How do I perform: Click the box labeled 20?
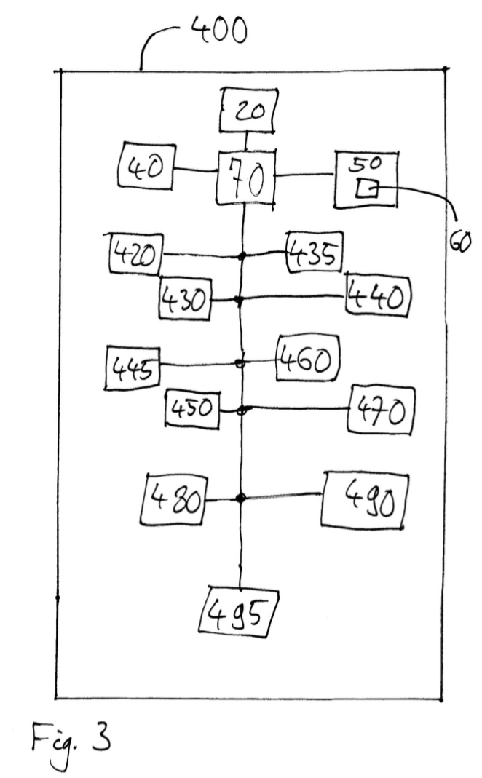[248, 113]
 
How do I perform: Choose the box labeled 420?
[135, 254]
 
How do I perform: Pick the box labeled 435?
[314, 253]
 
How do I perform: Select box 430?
[185, 298]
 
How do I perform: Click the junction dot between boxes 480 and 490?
[240, 498]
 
